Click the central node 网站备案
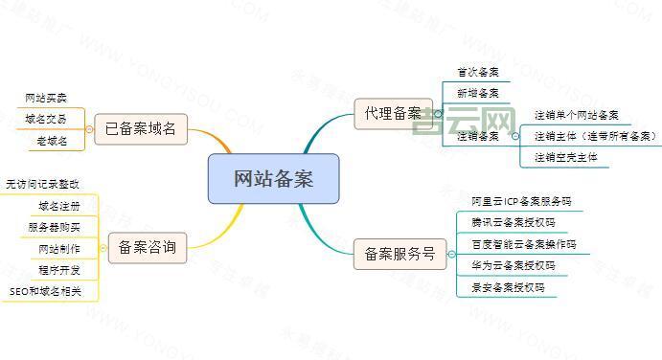coord(273,178)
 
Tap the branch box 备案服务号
coord(400,254)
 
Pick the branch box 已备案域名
coord(141,129)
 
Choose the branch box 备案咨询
coord(148,248)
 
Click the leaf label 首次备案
coord(477,72)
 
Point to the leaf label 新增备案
coord(477,93)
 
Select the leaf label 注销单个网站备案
coord(576,115)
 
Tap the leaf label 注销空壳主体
coord(566,158)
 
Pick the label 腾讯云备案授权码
coord(513,222)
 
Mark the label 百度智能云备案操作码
coord(519,244)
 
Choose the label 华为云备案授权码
coord(513,265)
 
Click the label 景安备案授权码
coord(508,286)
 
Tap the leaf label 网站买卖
coord(46,98)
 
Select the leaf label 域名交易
coord(46,119)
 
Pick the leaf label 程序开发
coord(59,269)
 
